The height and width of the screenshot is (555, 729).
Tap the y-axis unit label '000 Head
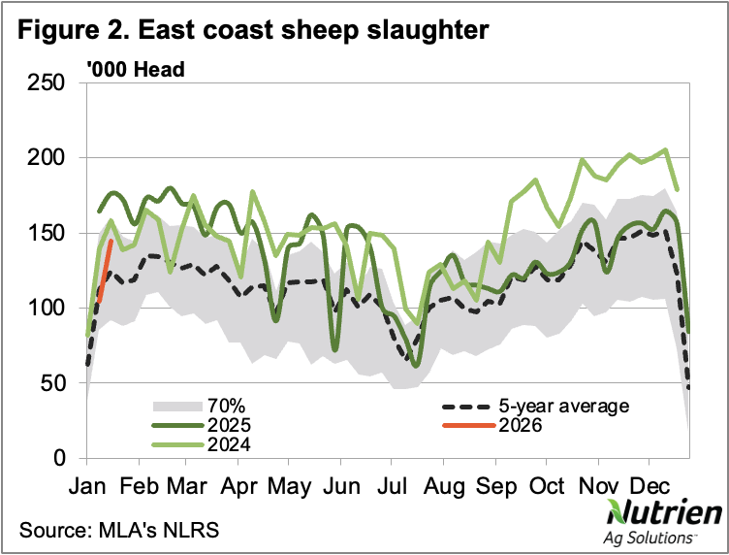click(135, 69)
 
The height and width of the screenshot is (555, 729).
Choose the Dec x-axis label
click(646, 485)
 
